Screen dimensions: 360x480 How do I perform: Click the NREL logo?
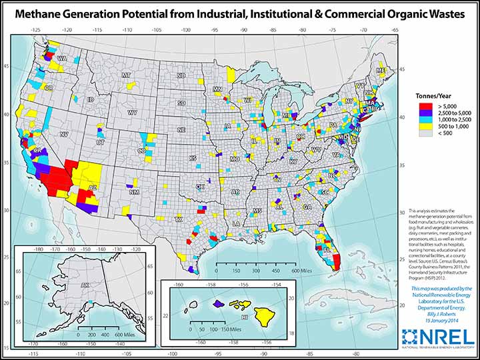click(x=437, y=337)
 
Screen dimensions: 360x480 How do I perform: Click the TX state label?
click(x=178, y=219)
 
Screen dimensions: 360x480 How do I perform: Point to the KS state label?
click(x=192, y=158)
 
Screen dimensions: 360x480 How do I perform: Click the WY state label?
click(x=132, y=113)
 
